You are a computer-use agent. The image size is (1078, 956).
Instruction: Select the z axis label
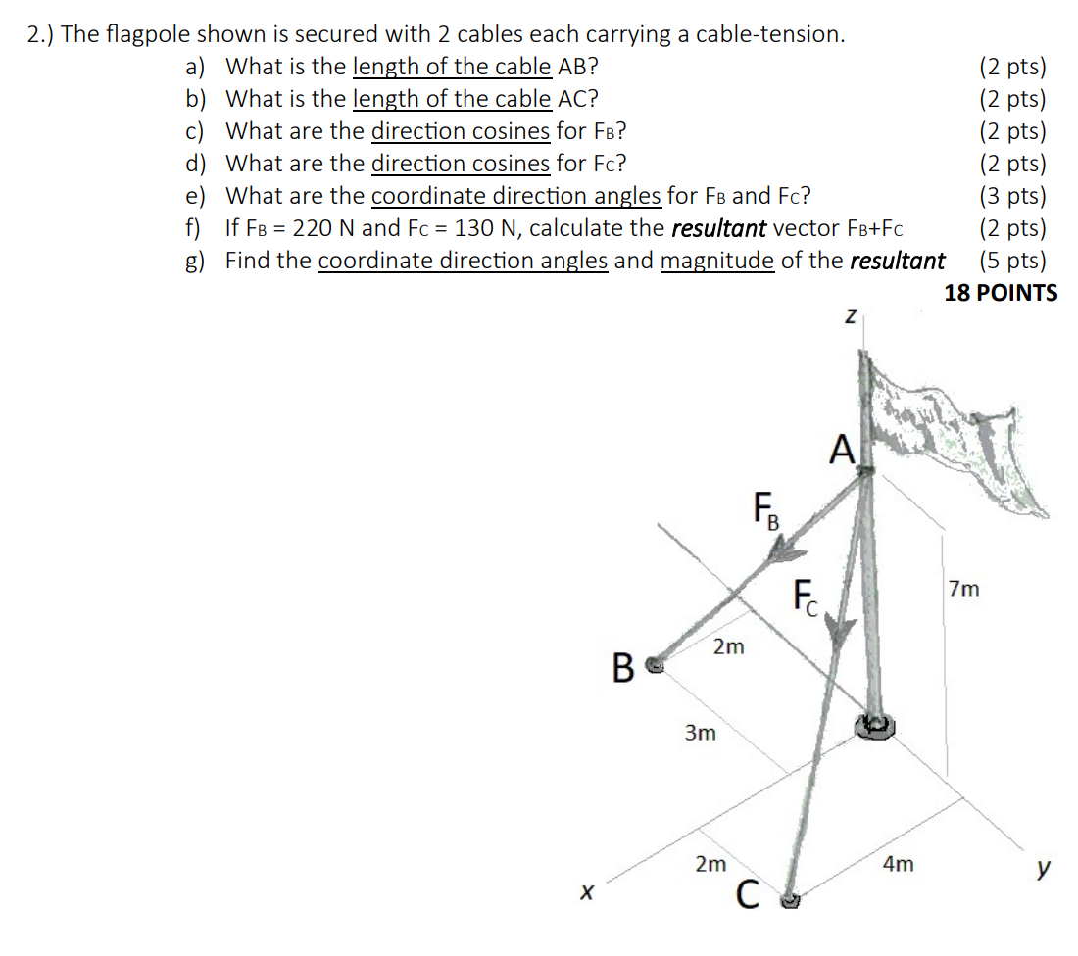pyautogui.click(x=851, y=316)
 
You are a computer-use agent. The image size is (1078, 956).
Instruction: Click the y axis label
pyautogui.click(x=1045, y=867)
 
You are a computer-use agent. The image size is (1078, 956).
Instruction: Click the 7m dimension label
pyautogui.click(x=963, y=589)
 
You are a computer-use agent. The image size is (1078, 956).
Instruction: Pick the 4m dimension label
pyautogui.click(x=898, y=864)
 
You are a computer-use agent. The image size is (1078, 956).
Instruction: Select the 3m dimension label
pyautogui.click(x=699, y=733)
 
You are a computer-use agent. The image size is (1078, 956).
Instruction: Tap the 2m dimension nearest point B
pyautogui.click(x=728, y=647)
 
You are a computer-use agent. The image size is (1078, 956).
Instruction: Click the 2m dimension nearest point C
pyautogui.click(x=710, y=864)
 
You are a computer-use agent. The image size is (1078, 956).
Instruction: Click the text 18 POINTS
pyautogui.click(x=1000, y=293)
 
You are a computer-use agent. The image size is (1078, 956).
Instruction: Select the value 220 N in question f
pyautogui.click(x=309, y=228)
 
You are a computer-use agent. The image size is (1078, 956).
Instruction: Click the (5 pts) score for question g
pyautogui.click(x=1011, y=261)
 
